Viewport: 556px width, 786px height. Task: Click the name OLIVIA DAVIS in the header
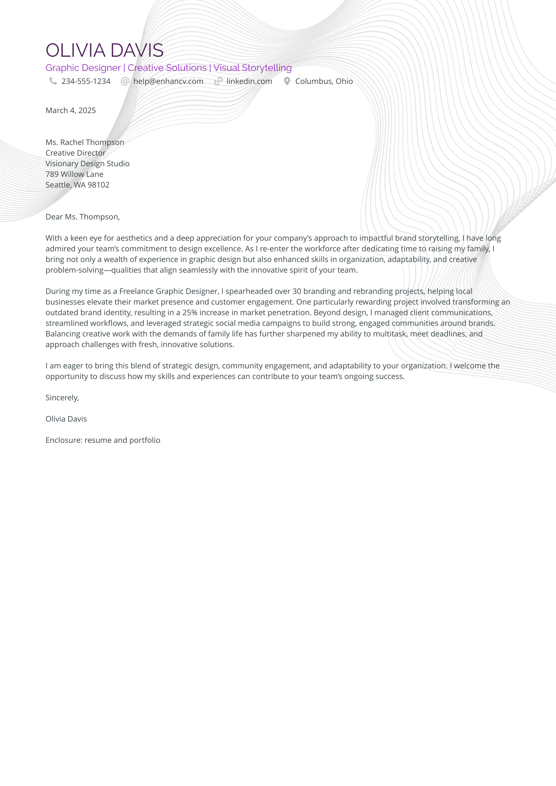click(x=104, y=50)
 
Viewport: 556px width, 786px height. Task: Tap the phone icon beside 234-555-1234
click(x=53, y=81)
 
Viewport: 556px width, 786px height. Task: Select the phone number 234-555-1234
click(x=86, y=82)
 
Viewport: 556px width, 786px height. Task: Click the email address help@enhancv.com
click(x=168, y=82)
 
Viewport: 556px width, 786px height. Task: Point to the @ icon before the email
click(x=125, y=81)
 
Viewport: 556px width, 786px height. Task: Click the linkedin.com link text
click(x=249, y=82)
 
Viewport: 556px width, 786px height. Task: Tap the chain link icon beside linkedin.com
click(x=218, y=81)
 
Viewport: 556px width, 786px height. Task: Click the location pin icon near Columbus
click(x=287, y=81)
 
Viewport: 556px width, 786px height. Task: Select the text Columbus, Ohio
click(x=324, y=82)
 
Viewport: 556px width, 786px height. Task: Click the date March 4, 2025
click(x=71, y=111)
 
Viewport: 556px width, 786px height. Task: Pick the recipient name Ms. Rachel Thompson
click(x=85, y=143)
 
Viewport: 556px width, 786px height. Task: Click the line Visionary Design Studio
click(x=88, y=164)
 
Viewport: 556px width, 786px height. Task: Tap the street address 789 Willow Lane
click(x=75, y=175)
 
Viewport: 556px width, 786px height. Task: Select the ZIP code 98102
click(x=99, y=185)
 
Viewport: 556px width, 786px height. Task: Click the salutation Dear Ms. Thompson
click(x=82, y=217)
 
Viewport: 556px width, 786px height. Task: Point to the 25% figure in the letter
click(x=190, y=313)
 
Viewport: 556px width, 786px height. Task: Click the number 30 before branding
click(x=297, y=292)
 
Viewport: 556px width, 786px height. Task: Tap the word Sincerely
click(x=62, y=398)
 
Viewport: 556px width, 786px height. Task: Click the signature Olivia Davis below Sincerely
click(x=66, y=419)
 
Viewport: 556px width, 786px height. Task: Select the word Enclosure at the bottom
click(x=63, y=440)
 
